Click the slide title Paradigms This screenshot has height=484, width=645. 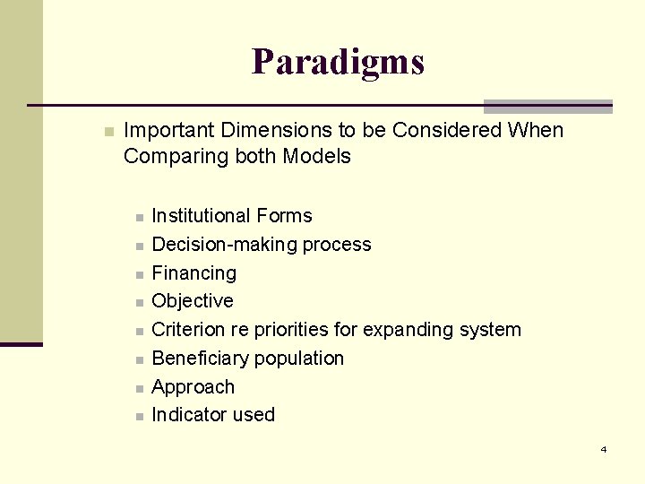[x=338, y=62]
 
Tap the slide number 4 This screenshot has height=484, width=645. [x=603, y=449]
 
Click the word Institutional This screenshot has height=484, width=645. [x=202, y=216]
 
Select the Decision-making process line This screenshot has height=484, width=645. [x=261, y=245]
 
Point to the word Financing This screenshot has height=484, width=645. [x=193, y=273]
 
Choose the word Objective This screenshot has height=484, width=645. [x=193, y=301]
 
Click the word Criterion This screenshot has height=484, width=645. [x=188, y=330]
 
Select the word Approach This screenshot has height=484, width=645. [x=193, y=387]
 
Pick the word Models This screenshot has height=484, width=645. [x=316, y=157]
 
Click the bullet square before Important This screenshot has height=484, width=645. [x=108, y=132]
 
